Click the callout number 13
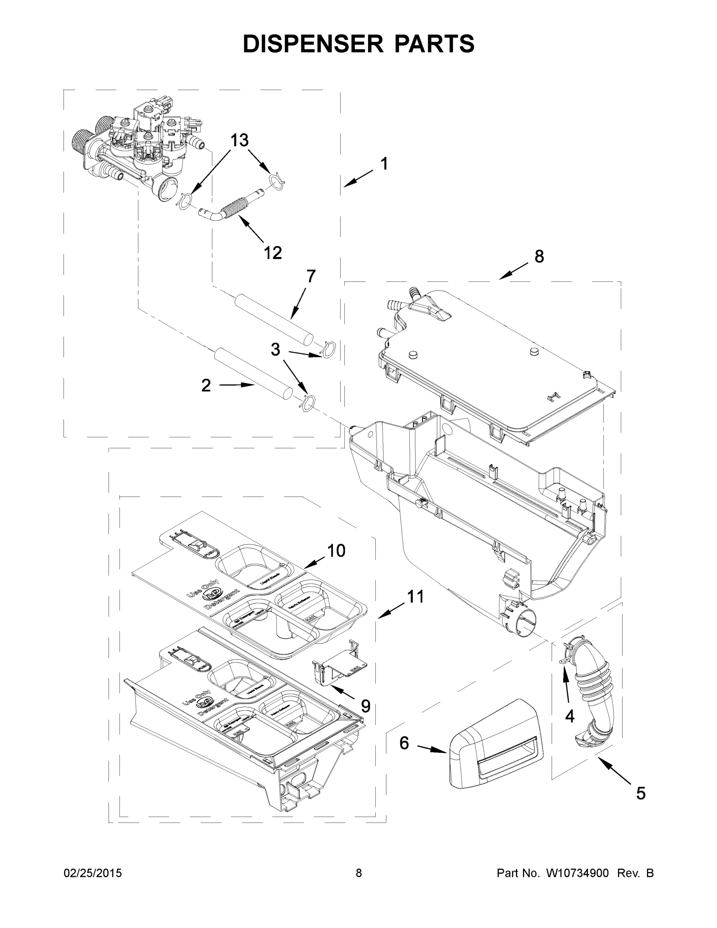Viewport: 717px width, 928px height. [240, 140]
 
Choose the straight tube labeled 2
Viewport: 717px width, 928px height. [253, 373]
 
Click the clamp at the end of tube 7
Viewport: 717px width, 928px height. [329, 349]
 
